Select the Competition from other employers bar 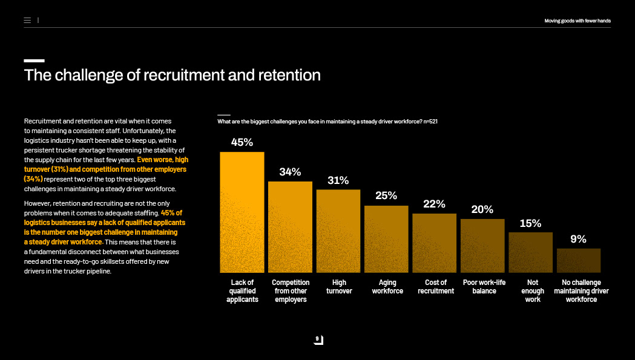click(x=290, y=227)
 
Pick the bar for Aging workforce click(x=386, y=239)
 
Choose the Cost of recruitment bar click(x=434, y=243)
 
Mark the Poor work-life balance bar click(x=482, y=246)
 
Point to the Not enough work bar click(x=530, y=252)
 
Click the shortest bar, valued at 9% click(x=579, y=260)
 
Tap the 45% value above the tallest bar click(x=242, y=142)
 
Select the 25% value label click(x=386, y=195)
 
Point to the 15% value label click(x=530, y=223)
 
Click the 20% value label click(x=482, y=209)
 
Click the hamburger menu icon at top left click(x=27, y=21)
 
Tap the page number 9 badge click(x=318, y=339)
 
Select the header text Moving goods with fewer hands click(x=577, y=21)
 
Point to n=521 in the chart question click(x=430, y=122)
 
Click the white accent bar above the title click(x=34, y=61)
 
